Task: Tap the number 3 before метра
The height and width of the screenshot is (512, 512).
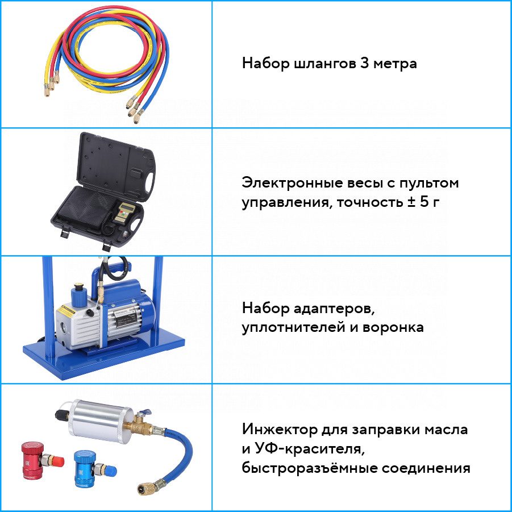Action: click(x=364, y=63)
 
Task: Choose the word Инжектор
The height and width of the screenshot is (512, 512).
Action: click(x=280, y=429)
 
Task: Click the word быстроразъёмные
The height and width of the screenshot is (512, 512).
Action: click(x=309, y=468)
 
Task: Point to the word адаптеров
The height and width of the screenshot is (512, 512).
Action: click(x=334, y=309)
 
